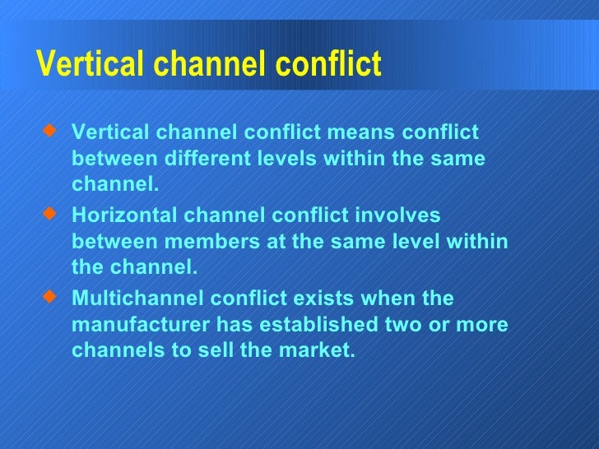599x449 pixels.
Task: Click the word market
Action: click(318, 351)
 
